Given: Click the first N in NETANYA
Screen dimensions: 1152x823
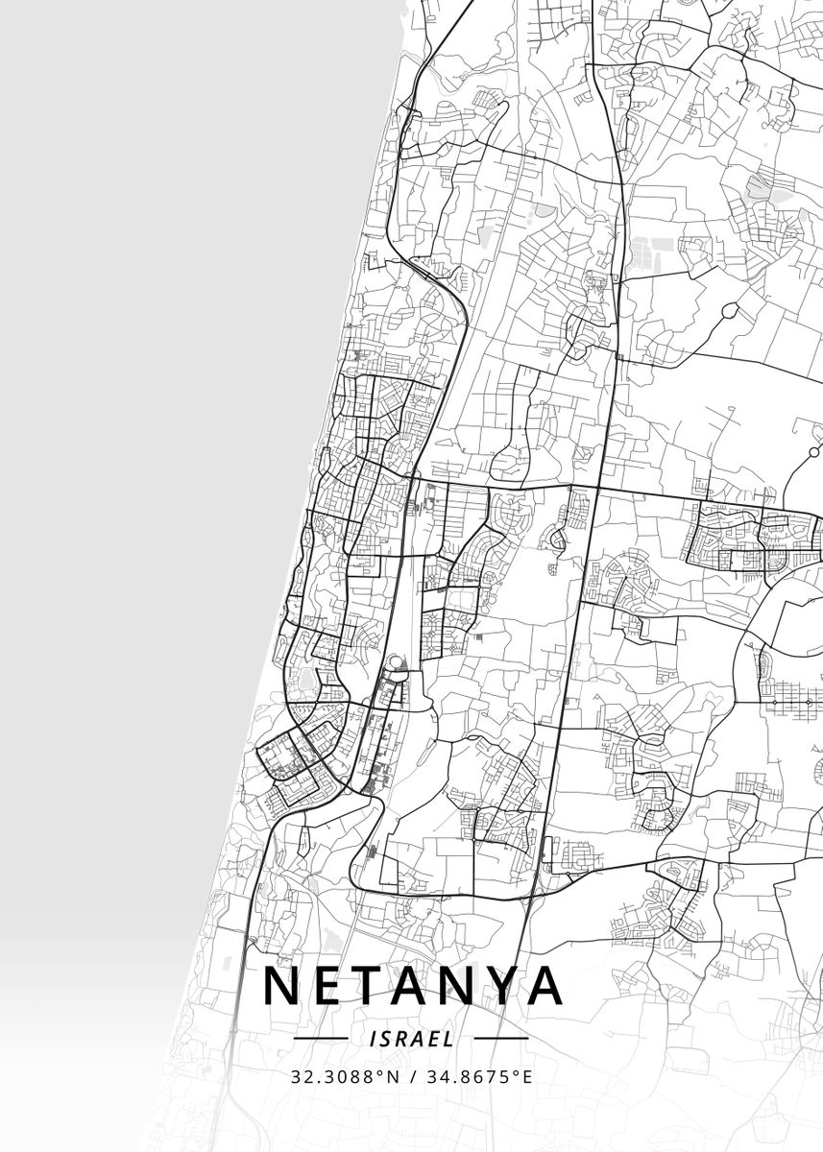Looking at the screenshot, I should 280,986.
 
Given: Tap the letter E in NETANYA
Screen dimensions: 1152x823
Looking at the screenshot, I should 330,986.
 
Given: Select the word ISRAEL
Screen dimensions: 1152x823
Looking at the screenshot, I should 411,1039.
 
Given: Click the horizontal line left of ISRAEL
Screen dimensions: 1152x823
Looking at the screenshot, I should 320,1039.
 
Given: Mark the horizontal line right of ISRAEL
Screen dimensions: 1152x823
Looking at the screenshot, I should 501,1039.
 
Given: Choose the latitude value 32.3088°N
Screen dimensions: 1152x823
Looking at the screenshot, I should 346,1077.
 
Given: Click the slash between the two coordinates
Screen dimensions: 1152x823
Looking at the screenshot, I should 412,1077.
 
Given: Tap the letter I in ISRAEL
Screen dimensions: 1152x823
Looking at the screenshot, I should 370,1039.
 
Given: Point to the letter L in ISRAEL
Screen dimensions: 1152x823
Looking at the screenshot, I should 451,1039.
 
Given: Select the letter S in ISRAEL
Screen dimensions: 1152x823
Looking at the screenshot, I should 384,1039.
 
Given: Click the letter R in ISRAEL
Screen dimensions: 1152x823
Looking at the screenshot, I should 401,1039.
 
